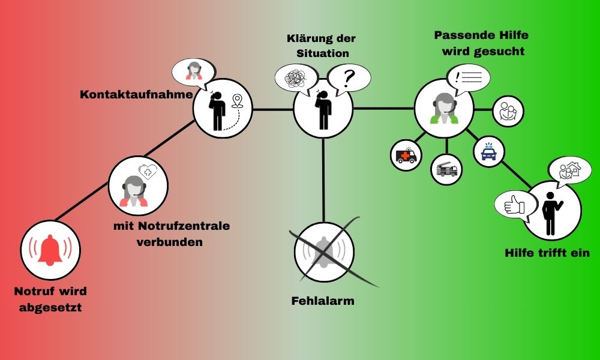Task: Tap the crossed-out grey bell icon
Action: coord(325,252)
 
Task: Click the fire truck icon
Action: coord(447,169)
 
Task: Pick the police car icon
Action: coord(488,152)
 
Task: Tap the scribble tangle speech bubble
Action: coord(295,78)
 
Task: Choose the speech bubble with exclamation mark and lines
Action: coord(468,77)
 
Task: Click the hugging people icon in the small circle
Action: coord(508,112)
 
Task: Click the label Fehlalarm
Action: coord(323,300)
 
